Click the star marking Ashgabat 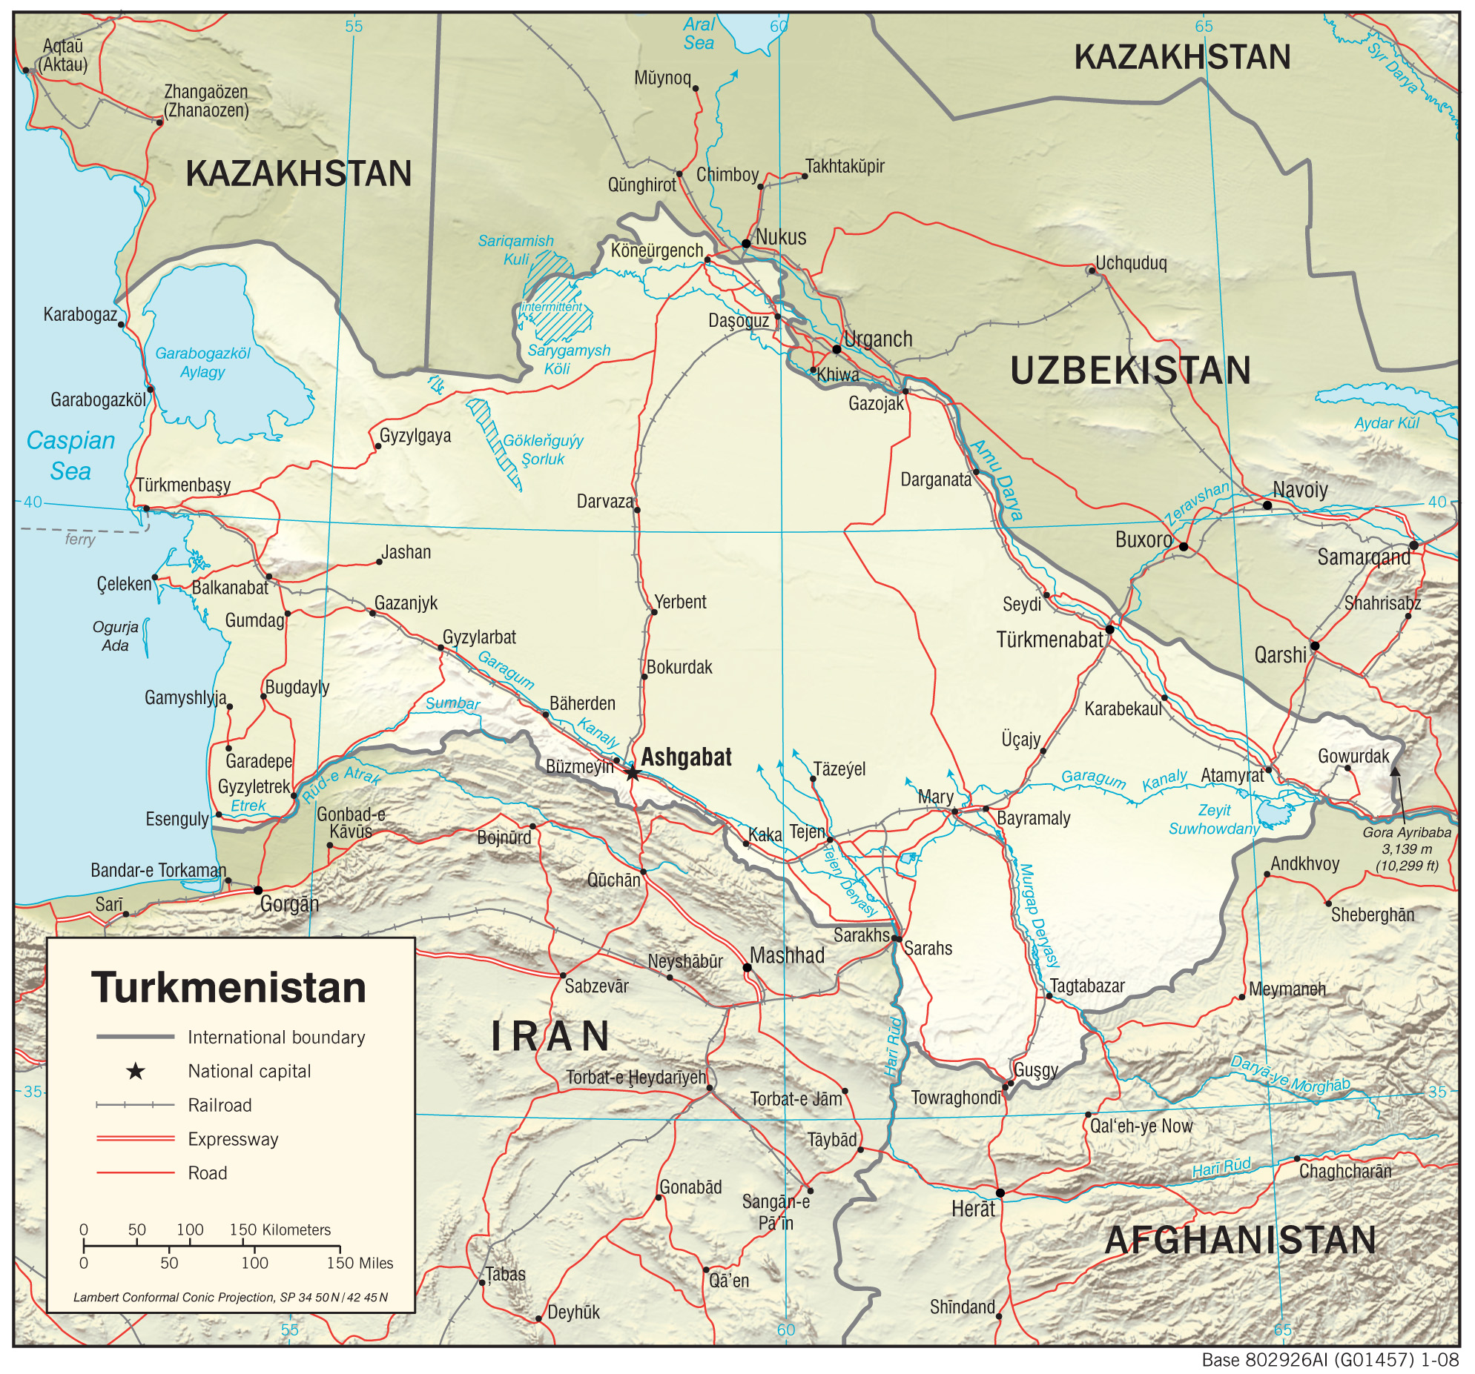pyautogui.click(x=632, y=774)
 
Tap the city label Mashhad pyautogui.click(x=787, y=955)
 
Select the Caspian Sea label pyautogui.click(x=70, y=455)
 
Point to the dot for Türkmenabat pyautogui.click(x=1109, y=628)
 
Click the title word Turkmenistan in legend pyautogui.click(x=228, y=988)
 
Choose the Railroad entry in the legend pyautogui.click(x=220, y=1105)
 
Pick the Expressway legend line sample pyautogui.click(x=135, y=1138)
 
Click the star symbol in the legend pyautogui.click(x=135, y=1071)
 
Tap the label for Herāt pyautogui.click(x=973, y=1209)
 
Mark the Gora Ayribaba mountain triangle pyautogui.click(x=1395, y=771)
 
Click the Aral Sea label pyautogui.click(x=699, y=34)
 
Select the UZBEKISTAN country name pyautogui.click(x=1130, y=371)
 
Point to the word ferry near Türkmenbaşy pyautogui.click(x=80, y=539)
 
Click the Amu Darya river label pyautogui.click(x=997, y=479)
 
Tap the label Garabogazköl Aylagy pyautogui.click(x=202, y=362)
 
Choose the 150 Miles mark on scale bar pyautogui.click(x=360, y=1264)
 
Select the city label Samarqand pyautogui.click(x=1363, y=557)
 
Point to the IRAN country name pyautogui.click(x=550, y=1036)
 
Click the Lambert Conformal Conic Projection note pyautogui.click(x=230, y=1298)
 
